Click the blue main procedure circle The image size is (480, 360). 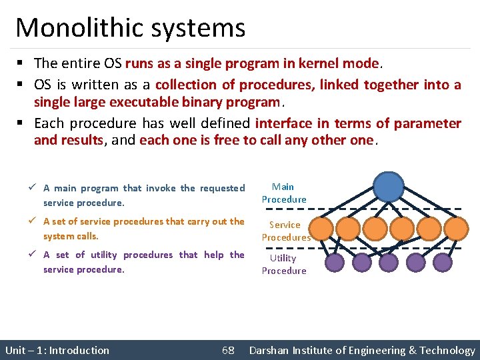coord(389,186)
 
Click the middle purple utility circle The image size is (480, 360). coord(389,263)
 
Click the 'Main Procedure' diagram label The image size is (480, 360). coord(284,193)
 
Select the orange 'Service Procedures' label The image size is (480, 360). coord(285,231)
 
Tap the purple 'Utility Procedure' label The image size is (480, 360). coord(284,264)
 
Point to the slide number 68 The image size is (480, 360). coord(228,350)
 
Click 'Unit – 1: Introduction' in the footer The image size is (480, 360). coord(57,350)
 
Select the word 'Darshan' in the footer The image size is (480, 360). coord(271,350)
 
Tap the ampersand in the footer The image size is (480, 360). coord(413,350)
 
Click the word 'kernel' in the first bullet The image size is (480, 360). coord(317,63)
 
